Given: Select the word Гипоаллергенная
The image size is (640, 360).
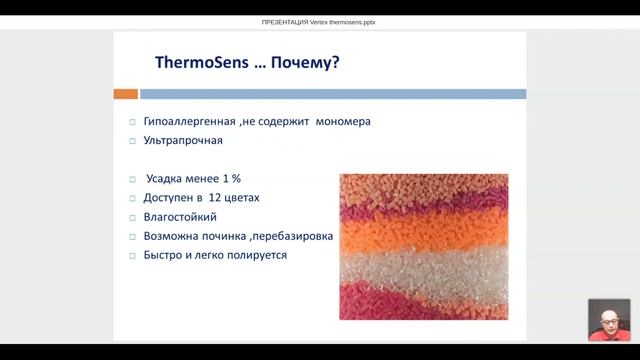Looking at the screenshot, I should point(190,122).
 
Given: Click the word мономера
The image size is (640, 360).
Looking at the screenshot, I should point(342,122).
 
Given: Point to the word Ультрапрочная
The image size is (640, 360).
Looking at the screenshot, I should point(183,141).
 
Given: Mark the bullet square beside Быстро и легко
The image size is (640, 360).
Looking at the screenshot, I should point(132,256).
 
